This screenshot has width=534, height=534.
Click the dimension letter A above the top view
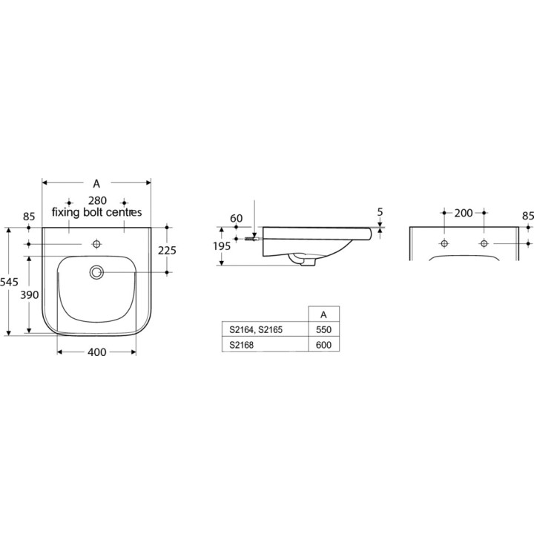96,183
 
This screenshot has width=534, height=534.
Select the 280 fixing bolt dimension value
96,201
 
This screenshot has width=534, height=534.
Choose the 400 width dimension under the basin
96,353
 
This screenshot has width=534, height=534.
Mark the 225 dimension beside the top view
168,251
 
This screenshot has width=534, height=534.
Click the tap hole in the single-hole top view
96,244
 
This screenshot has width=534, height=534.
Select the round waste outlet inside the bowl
96,272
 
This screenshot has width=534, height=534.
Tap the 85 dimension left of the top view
29,217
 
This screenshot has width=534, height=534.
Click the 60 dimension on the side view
237,218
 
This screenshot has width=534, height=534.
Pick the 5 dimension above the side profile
380,212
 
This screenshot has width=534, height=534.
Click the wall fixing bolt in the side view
251,239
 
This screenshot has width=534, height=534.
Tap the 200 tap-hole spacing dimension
464,214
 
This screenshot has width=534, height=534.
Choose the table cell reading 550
323,329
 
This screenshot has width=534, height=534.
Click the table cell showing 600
323,345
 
